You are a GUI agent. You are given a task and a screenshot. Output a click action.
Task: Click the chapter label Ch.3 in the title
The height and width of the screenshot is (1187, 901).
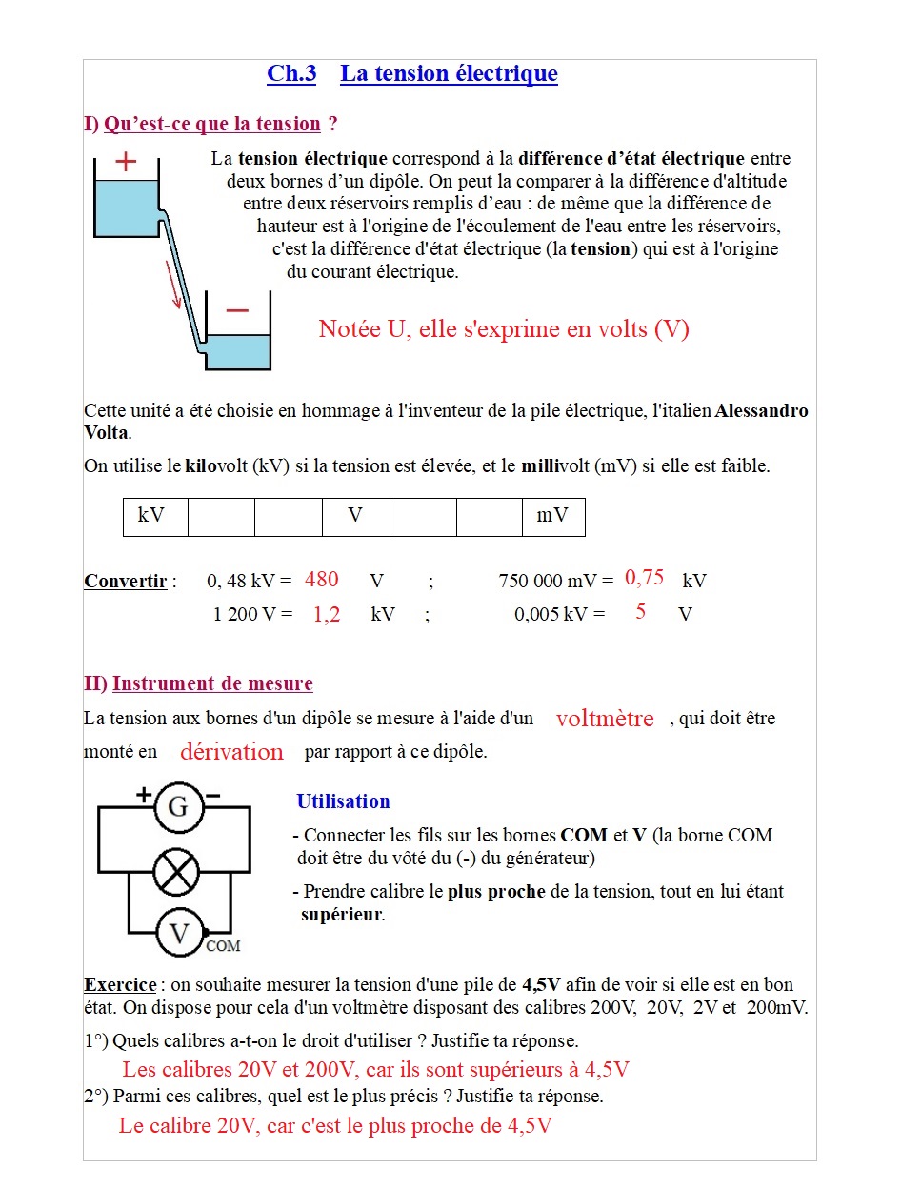point(290,74)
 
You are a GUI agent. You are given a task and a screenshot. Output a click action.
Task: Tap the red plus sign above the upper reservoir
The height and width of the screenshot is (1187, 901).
point(126,162)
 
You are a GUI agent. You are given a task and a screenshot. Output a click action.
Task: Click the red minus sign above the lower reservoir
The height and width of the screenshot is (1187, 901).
point(237,310)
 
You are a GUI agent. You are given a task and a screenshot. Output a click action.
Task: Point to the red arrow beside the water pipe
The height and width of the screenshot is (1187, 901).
point(173,284)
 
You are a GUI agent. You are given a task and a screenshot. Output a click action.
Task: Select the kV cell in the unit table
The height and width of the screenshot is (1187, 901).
point(151,516)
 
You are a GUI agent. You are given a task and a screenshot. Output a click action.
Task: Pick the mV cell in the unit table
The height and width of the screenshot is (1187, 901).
point(552,516)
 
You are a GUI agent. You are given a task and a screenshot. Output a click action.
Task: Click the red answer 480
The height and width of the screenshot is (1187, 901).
point(322,579)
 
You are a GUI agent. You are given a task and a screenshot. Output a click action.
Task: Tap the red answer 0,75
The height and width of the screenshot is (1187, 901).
point(645,578)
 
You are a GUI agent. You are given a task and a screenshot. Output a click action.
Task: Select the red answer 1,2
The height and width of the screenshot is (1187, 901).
point(327,615)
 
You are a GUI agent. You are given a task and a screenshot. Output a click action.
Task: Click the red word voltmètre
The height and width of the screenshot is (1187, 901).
point(605,719)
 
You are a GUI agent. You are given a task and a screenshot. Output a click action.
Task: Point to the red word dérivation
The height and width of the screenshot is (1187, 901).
point(231,752)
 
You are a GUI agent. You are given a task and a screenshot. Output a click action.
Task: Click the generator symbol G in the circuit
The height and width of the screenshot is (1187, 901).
point(178,808)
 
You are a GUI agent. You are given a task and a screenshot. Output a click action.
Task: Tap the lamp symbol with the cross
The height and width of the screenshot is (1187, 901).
point(177,872)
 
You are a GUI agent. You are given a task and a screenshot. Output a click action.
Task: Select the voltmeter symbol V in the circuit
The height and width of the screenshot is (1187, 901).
point(178,932)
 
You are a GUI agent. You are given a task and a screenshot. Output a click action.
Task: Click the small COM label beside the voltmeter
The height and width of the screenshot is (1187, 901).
point(223,946)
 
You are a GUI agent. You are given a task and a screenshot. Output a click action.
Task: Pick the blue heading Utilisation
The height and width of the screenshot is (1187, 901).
point(343,801)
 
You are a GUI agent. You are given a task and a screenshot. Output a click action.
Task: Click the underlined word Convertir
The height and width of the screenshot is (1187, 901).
point(126,581)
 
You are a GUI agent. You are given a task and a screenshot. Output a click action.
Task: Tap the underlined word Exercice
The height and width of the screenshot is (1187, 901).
point(120,984)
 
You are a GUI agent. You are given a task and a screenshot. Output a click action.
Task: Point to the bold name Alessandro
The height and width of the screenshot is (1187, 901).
point(761,411)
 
